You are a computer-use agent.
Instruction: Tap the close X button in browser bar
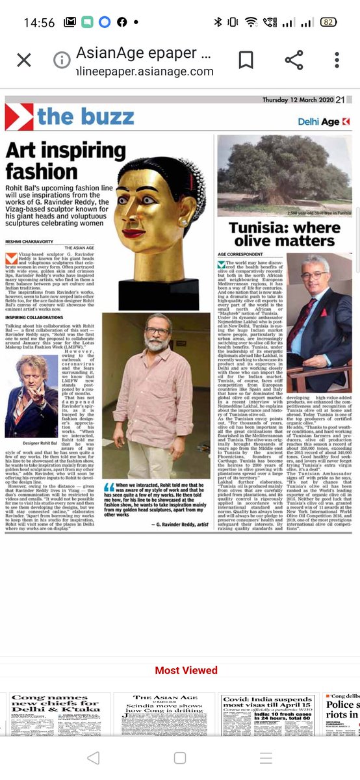[x=24, y=60]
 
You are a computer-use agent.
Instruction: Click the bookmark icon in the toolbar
[x=246, y=60]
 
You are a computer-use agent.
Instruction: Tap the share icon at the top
[x=294, y=60]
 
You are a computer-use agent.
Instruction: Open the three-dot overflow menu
[x=337, y=60]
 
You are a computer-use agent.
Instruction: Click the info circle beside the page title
[x=62, y=60]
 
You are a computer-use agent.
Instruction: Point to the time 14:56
[x=39, y=22]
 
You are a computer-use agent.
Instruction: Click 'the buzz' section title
[x=85, y=117]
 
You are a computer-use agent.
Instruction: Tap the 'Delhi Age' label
[x=323, y=122]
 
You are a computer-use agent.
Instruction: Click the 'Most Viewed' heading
[x=186, y=670]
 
